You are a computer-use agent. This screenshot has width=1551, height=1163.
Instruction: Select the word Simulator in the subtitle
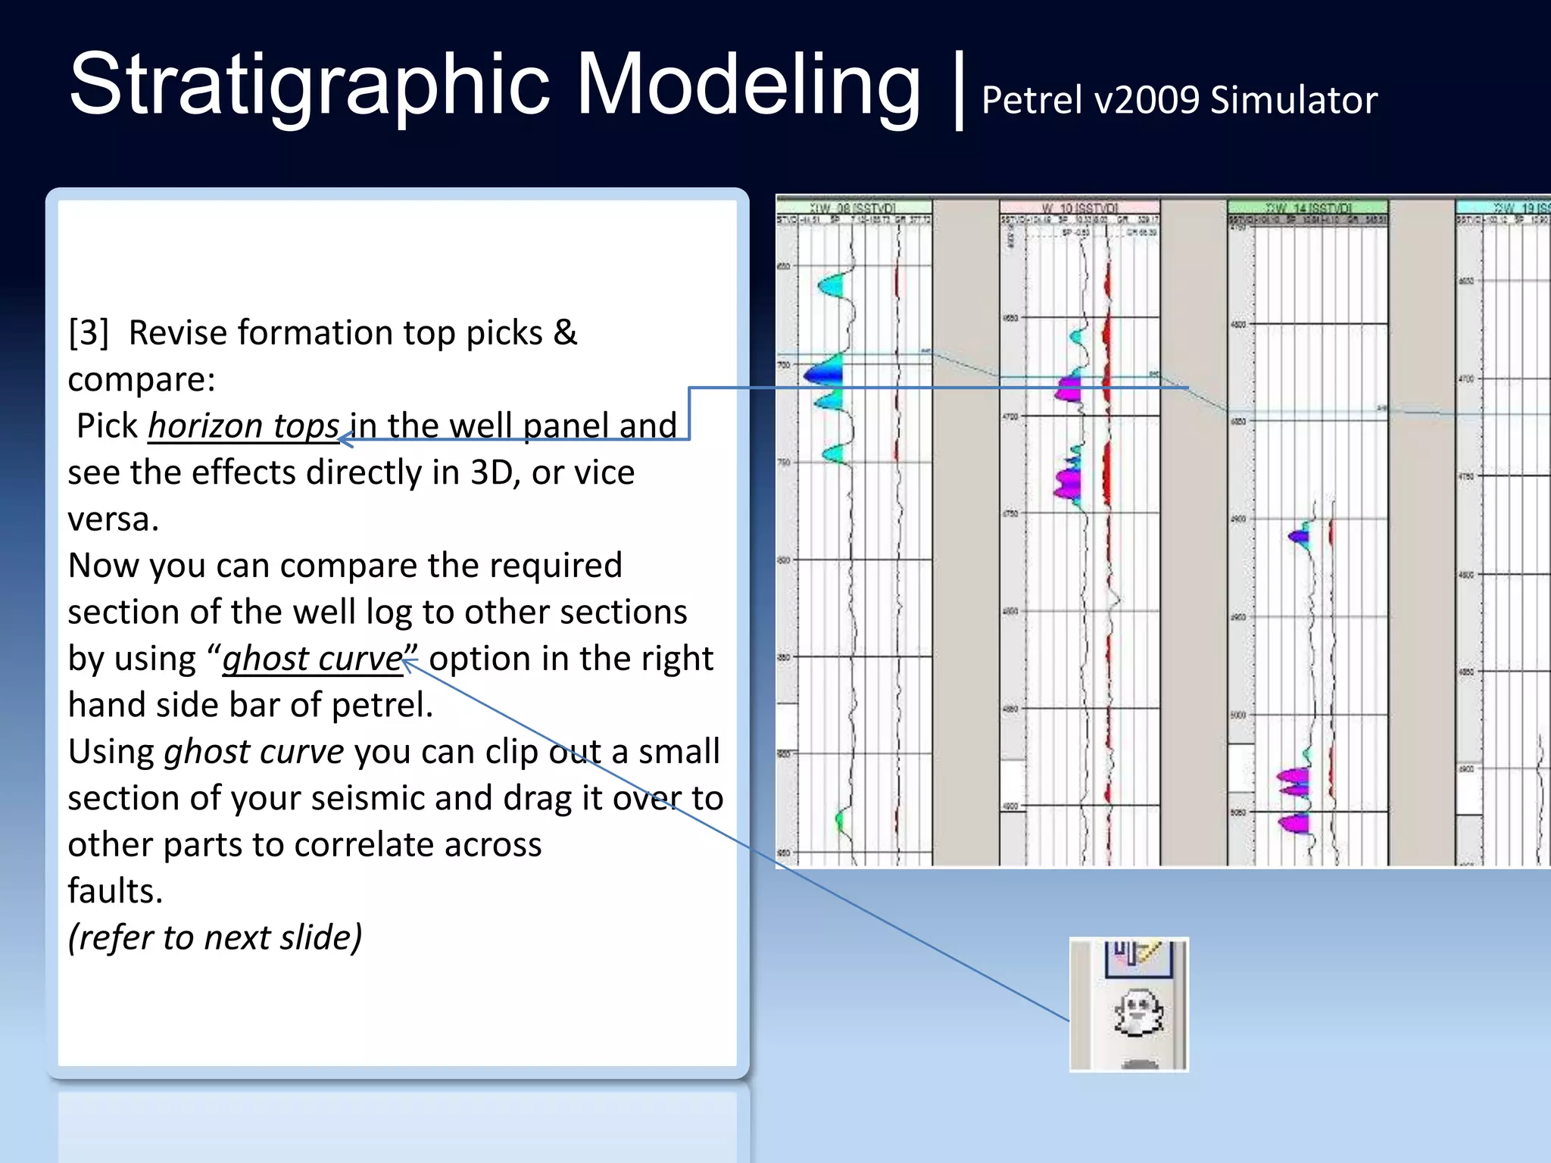[x=1294, y=101]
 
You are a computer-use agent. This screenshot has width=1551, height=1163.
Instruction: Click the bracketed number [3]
[x=89, y=333]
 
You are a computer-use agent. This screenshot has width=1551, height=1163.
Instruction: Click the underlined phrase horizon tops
[x=243, y=426]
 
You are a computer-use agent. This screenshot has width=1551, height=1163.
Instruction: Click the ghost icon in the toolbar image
[x=1138, y=1013]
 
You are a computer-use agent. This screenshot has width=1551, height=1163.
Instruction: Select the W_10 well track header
[x=1079, y=207]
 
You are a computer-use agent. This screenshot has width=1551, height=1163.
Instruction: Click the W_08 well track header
[x=854, y=207]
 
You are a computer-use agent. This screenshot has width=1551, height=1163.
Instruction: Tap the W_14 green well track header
[x=1308, y=207]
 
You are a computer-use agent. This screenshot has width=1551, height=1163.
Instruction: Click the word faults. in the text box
[x=115, y=891]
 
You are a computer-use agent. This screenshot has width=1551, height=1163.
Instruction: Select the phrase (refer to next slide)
[x=215, y=937]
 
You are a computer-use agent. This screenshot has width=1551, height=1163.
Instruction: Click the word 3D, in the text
[x=495, y=473]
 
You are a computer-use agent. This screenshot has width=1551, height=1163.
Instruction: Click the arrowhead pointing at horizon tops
[x=345, y=439]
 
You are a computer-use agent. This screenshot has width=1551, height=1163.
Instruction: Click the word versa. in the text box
[x=114, y=519]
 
